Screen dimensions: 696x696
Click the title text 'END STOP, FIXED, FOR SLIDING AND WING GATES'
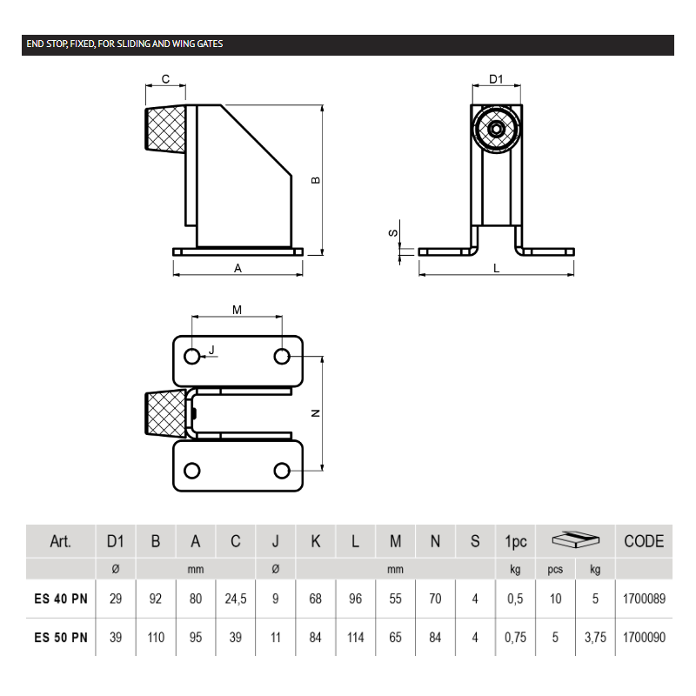(123, 43)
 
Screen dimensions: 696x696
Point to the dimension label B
(316, 180)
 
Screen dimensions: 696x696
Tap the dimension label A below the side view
(238, 269)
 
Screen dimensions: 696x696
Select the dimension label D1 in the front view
(496, 79)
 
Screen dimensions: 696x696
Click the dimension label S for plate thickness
(392, 233)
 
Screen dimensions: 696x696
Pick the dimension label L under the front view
(496, 269)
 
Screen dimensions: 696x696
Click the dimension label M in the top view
(237, 310)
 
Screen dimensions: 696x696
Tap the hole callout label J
(211, 350)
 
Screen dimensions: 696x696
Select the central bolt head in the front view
(496, 130)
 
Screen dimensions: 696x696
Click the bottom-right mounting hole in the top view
(281, 471)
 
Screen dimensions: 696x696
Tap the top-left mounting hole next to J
(192, 357)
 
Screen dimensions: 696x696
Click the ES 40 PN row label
(61, 599)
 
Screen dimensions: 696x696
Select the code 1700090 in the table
(644, 637)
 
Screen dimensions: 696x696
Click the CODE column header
(644, 541)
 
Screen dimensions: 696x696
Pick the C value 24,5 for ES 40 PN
(236, 599)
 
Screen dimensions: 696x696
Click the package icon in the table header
(576, 540)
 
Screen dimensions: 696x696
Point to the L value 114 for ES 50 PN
(355, 637)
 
